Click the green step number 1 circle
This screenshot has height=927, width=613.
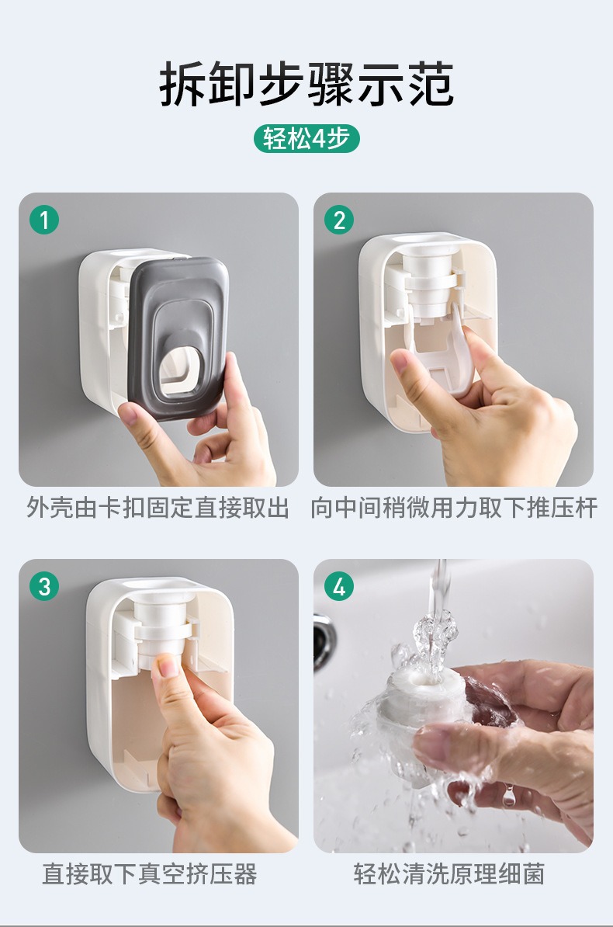point(44,220)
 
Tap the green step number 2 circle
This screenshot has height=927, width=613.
point(339,220)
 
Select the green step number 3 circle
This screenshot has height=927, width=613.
point(44,586)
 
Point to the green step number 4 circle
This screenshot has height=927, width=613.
point(339,586)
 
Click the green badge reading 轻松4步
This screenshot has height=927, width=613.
point(306,139)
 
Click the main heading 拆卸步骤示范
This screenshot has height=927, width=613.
point(306,84)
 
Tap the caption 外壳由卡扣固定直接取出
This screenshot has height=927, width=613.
point(158,507)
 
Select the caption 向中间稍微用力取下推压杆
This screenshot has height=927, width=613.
point(454,507)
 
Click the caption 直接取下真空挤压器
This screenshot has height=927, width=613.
point(150,873)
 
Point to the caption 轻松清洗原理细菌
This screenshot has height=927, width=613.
point(449,873)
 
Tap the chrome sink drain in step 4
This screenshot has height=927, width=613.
point(323,641)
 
